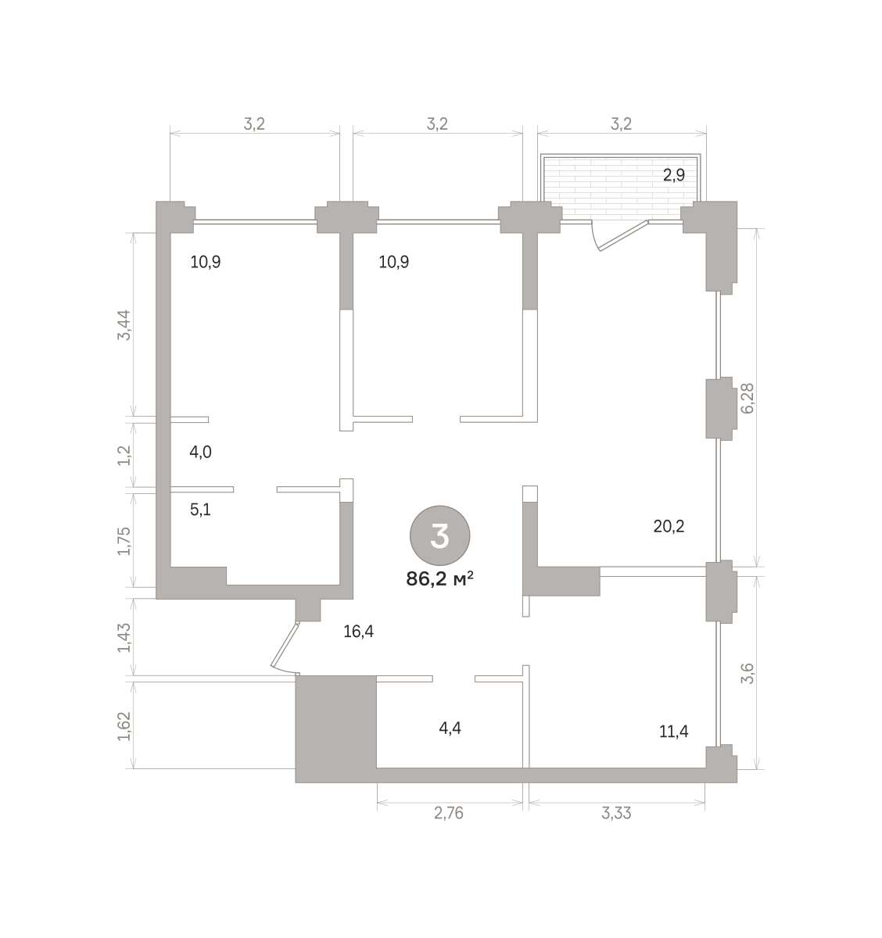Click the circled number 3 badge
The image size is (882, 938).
[x=439, y=535]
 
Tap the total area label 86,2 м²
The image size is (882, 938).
[x=439, y=579]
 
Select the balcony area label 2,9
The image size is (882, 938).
[x=673, y=176]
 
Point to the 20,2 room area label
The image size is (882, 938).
[x=669, y=526]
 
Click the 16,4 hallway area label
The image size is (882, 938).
[x=358, y=632]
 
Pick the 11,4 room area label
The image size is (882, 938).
[x=673, y=732]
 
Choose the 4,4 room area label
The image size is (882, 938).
[x=450, y=729]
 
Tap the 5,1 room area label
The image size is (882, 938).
[x=200, y=510]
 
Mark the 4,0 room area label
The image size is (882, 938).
[x=200, y=453]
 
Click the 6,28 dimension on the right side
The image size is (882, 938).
[x=748, y=398]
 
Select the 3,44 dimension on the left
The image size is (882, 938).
[x=124, y=324]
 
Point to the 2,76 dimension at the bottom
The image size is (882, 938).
[x=449, y=813]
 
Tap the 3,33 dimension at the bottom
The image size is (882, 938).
[x=616, y=813]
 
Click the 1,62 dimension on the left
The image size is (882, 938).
[x=124, y=726]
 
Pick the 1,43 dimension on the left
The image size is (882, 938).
[x=124, y=638]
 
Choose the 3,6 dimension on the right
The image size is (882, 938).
[x=748, y=673]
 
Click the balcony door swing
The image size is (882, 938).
[x=619, y=236]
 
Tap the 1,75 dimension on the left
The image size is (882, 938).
[x=124, y=541]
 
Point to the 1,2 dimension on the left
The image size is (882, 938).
[x=124, y=455]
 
